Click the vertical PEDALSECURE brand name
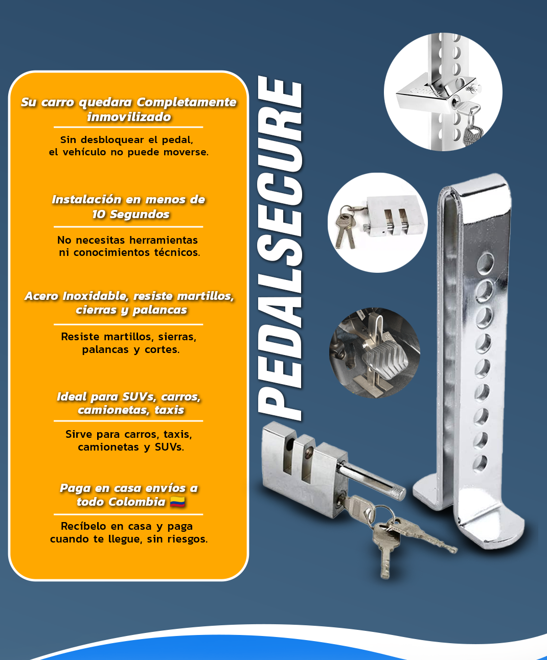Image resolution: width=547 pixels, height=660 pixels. tap(280, 248)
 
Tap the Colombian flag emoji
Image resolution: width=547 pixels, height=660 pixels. tap(177, 502)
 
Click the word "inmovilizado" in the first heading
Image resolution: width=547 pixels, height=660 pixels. tap(129, 117)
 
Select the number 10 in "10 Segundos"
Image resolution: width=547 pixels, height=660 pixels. tap(99, 214)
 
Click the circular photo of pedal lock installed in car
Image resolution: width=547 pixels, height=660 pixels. tap(375, 353)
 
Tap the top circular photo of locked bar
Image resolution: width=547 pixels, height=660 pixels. tap(443, 92)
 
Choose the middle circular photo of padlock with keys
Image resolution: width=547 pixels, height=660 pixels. tap(378, 223)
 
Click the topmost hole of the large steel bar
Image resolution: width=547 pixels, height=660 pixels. tap(485, 263)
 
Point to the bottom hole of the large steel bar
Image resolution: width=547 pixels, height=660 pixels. tap(480, 463)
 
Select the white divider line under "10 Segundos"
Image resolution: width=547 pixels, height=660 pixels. tap(128, 227)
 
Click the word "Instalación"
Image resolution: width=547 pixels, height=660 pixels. tap(87, 199)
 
